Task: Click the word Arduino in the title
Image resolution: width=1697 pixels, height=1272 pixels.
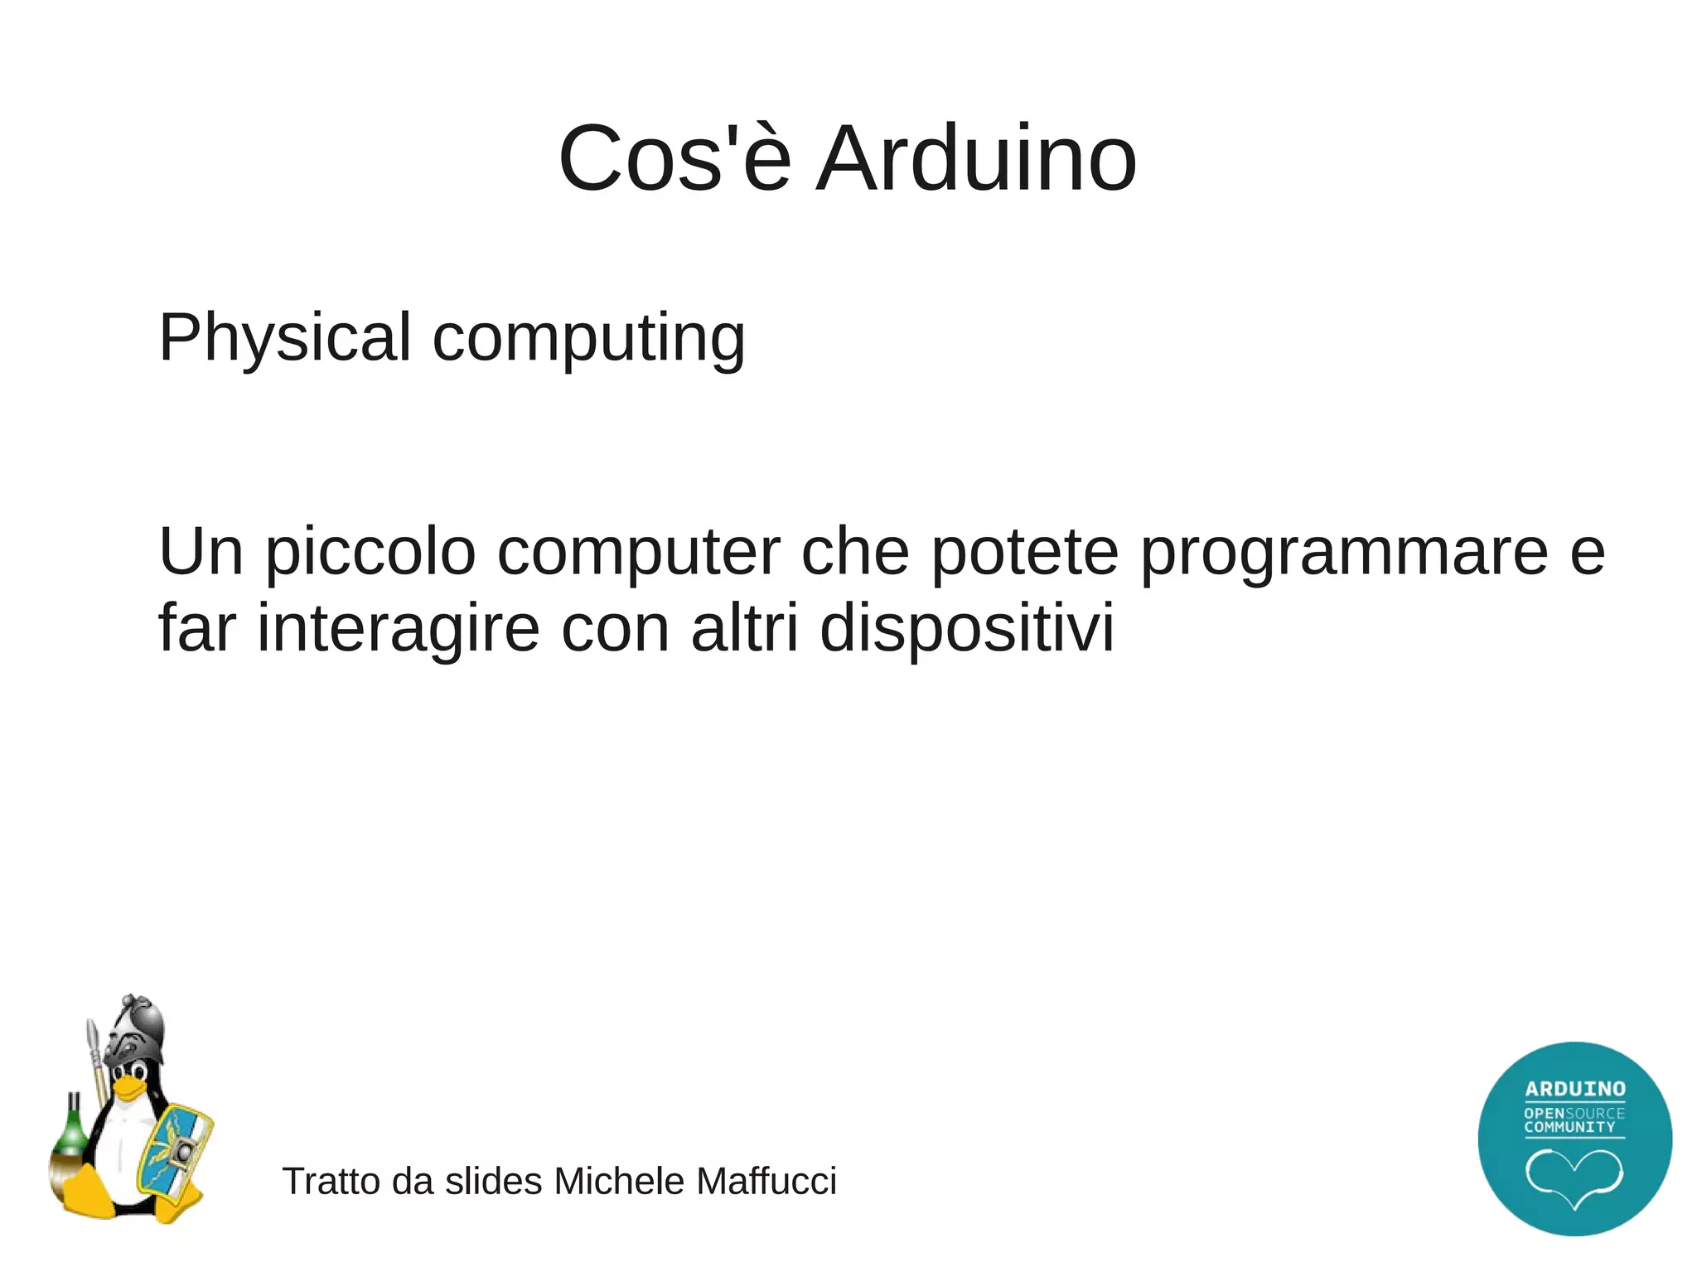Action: pyautogui.click(x=975, y=158)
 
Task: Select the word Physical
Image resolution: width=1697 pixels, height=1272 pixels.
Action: pyautogui.click(x=284, y=337)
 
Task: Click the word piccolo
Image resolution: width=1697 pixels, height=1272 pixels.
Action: pyautogui.click(x=370, y=552)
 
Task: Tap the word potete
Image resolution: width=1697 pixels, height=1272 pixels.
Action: pyautogui.click(x=1024, y=552)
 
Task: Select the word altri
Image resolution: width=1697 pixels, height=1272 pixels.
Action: pyautogui.click(x=745, y=628)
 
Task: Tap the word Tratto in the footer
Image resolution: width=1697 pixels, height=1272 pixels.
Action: pyautogui.click(x=331, y=1181)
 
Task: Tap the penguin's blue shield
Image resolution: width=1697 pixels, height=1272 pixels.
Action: pyautogui.click(x=176, y=1153)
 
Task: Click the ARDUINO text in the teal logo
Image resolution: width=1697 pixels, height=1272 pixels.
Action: pyautogui.click(x=1574, y=1088)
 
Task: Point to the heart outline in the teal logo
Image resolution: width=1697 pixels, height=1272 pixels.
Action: pyautogui.click(x=1574, y=1177)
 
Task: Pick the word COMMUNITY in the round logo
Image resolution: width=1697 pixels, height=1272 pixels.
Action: pyautogui.click(x=1569, y=1127)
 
